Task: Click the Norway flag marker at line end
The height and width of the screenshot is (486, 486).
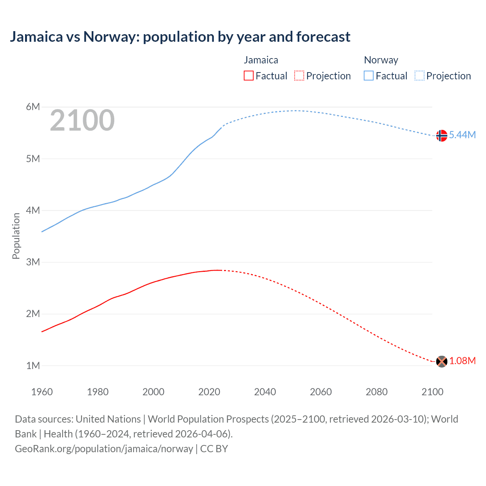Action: coord(441,136)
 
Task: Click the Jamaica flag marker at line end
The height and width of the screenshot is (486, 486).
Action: coord(441,361)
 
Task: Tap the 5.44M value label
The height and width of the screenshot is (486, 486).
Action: coord(462,135)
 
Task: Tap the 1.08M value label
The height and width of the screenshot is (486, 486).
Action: coord(462,361)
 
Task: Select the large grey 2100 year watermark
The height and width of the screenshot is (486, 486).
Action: coord(82,121)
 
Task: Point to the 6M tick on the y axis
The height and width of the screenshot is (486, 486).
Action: coord(33,107)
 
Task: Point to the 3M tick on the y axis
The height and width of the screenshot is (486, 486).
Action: coord(33,262)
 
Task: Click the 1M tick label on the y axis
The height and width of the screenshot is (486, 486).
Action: coord(33,366)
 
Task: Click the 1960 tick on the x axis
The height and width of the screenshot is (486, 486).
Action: coord(42,392)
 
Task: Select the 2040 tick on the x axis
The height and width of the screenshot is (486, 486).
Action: coord(265,392)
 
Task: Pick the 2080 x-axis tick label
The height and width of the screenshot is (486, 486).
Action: coord(377,392)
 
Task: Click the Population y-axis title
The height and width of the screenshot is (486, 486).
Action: coord(16,236)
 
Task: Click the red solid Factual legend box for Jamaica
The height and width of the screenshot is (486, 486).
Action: coord(249,76)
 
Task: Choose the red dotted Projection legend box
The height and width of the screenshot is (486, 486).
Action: coord(299,76)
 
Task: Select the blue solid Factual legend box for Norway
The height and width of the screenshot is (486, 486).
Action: coord(369,76)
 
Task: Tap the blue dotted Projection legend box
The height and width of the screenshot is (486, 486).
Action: coord(420,76)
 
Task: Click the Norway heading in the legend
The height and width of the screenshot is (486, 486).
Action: coord(381,60)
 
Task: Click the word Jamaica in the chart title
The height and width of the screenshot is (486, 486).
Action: coord(36,37)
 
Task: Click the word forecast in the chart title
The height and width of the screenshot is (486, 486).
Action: coord(323,37)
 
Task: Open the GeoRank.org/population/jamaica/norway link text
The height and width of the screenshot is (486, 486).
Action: coord(104,449)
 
